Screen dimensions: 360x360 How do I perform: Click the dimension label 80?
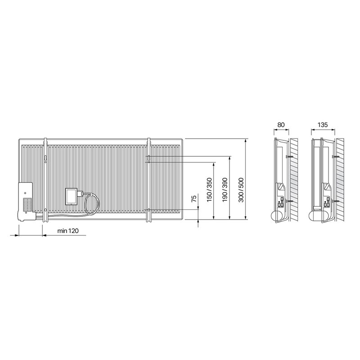click(x=281, y=125)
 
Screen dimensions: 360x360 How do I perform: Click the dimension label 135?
click(x=323, y=125)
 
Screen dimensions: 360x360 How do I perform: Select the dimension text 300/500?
click(x=241, y=190)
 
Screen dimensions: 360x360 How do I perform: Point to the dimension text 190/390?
click(x=225, y=190)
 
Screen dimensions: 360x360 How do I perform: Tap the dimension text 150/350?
click(x=209, y=190)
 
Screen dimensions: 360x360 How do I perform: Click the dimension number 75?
click(x=194, y=198)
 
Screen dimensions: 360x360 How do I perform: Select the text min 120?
click(x=68, y=231)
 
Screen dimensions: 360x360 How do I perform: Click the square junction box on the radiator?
click(x=72, y=196)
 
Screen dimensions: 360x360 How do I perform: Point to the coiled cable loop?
click(x=92, y=204)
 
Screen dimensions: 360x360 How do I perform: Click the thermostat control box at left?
click(x=26, y=202)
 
